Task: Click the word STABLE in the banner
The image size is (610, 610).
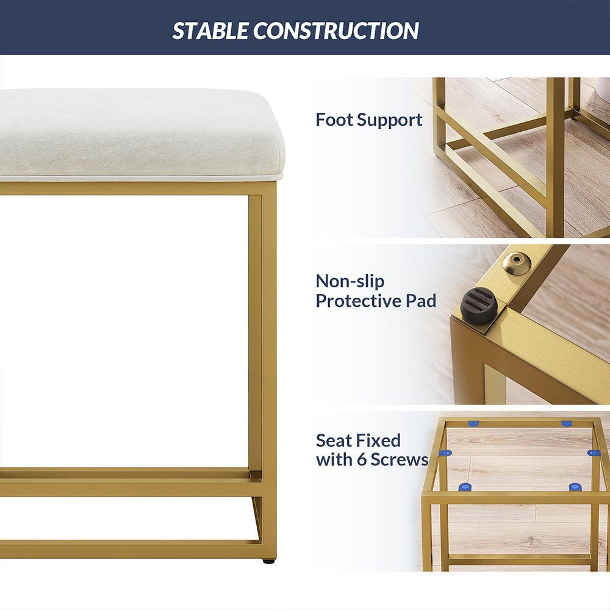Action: point(210,30)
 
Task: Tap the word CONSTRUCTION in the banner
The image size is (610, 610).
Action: point(336,30)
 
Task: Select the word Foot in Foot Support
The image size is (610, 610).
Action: point(334,120)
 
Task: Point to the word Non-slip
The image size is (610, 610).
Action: point(350,281)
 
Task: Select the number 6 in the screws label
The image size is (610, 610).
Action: point(361,460)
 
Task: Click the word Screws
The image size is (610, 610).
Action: point(399,460)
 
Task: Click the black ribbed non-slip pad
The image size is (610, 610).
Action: point(479,306)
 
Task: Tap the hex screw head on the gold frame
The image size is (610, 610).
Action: point(517,264)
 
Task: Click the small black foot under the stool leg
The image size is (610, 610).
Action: point(268,561)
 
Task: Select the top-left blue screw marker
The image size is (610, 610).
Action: point(473,424)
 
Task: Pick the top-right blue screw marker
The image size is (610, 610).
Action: point(566,424)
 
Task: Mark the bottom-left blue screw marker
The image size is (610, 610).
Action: point(464,487)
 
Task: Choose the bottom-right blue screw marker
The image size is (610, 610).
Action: point(575,487)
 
